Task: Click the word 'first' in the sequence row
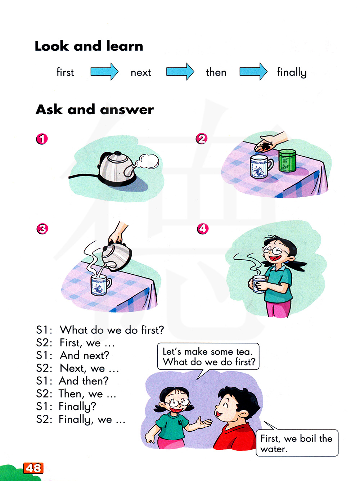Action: (65, 72)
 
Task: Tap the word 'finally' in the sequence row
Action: (292, 72)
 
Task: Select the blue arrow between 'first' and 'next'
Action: (104, 72)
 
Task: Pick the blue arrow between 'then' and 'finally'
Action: (253, 71)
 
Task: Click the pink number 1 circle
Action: (42, 139)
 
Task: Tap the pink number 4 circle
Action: (203, 229)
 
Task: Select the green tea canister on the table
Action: (287, 160)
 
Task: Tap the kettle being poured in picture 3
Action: (116, 257)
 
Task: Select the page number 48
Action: (33, 468)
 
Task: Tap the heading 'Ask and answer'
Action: (95, 109)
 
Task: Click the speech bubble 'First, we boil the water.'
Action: (297, 443)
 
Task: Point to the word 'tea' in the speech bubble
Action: (244, 352)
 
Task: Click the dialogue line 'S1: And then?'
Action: (72, 381)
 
